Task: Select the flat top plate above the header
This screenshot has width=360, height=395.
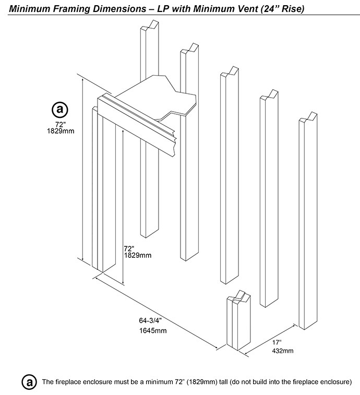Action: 157,97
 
